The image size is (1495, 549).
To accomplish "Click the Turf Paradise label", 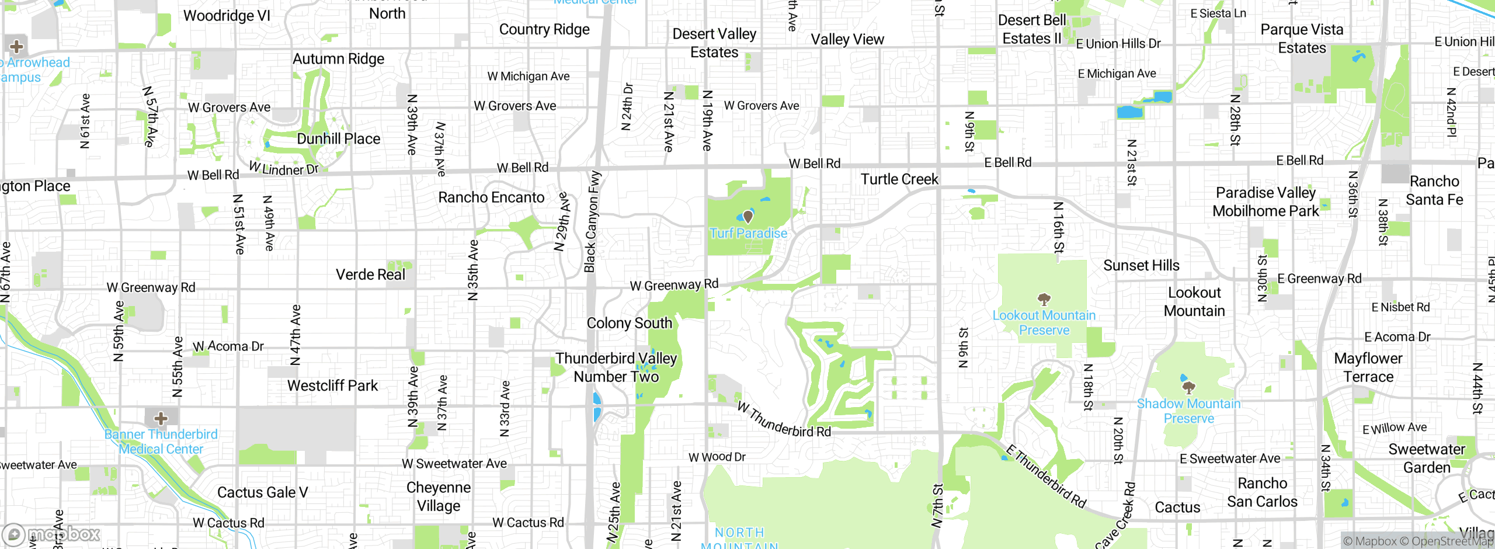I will pyautogui.click(x=748, y=233).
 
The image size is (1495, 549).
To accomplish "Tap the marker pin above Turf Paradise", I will pyautogui.click(x=747, y=217).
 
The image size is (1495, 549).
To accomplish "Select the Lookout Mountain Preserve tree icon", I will pyautogui.click(x=1044, y=300).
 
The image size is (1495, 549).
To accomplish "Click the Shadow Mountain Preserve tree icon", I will pyautogui.click(x=1188, y=387).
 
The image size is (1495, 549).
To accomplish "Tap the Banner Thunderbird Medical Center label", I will pyautogui.click(x=161, y=442).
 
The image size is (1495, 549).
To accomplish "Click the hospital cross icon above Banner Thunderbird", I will pyautogui.click(x=161, y=418).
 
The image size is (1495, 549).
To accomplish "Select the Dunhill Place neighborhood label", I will pyautogui.click(x=338, y=139).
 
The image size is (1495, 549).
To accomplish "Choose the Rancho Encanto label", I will pyautogui.click(x=491, y=197).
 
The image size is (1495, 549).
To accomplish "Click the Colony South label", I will pyautogui.click(x=629, y=323).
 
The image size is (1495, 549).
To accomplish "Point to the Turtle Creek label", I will pyautogui.click(x=899, y=179).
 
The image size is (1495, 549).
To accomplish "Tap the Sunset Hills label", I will pyautogui.click(x=1141, y=266).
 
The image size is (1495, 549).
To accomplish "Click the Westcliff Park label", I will pyautogui.click(x=332, y=385).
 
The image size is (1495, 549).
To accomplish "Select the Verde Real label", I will pyautogui.click(x=370, y=274).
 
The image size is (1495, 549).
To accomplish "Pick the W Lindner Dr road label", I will pyautogui.click(x=284, y=169).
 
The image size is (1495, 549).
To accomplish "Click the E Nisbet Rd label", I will pyautogui.click(x=1400, y=307).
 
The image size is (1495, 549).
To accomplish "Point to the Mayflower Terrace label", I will pyautogui.click(x=1368, y=367).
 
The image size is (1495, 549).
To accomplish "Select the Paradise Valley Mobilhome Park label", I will pyautogui.click(x=1265, y=201).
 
